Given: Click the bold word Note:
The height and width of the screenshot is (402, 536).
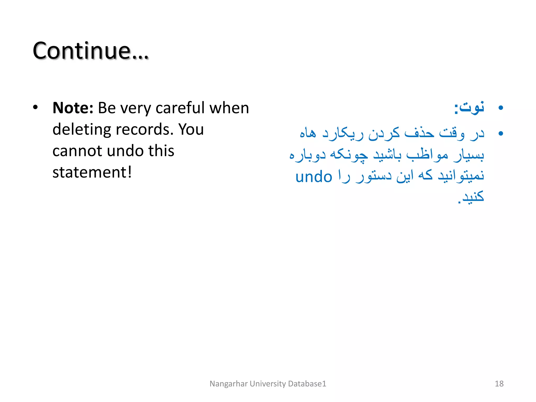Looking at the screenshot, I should click(x=73, y=108).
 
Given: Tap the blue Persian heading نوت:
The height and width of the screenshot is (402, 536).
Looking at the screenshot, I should click(x=469, y=108).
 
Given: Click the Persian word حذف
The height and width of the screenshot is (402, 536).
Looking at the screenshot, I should click(x=419, y=133).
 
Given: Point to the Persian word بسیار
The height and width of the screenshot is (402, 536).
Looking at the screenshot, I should click(x=468, y=155).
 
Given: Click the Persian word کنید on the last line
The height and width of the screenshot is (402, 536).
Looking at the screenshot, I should click(x=472, y=197).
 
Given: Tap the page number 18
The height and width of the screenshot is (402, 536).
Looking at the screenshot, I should click(x=499, y=384).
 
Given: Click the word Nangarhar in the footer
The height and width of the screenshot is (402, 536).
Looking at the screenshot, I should click(x=228, y=384).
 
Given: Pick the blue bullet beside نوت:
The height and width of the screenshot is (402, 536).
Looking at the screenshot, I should click(x=501, y=108).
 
